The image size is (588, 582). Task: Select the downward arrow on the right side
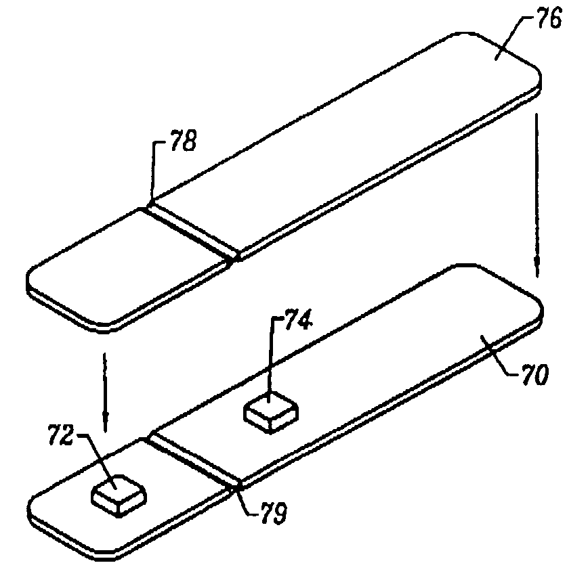pos(537,196)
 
